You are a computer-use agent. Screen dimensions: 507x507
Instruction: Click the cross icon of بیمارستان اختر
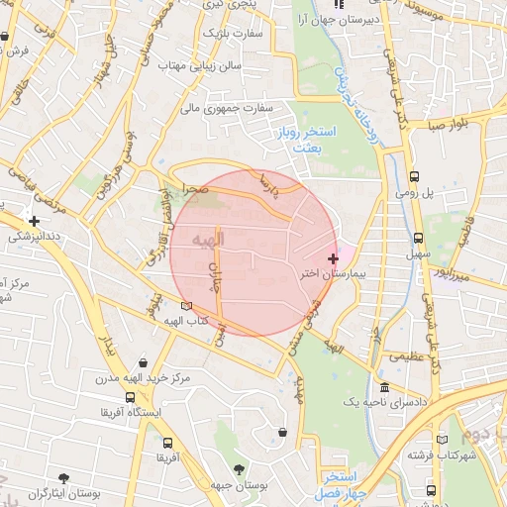pos(332,257)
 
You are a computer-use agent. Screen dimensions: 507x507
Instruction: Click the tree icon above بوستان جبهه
pos(238,469)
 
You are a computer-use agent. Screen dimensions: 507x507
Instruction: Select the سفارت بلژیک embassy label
pos(232,33)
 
